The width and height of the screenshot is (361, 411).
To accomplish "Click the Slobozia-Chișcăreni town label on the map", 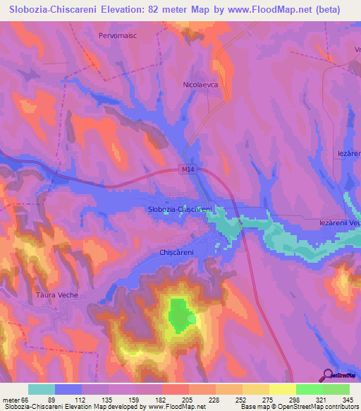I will tap(180, 210).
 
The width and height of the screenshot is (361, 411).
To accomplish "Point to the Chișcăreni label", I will tap(177, 252).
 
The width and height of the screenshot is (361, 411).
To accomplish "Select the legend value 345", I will tap(349, 399).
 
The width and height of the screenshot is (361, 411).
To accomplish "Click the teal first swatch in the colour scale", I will tap(42, 389).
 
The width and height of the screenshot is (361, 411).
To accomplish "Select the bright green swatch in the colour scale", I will tap(309, 389).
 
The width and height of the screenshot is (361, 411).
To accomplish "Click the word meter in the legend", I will tap(11, 399).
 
